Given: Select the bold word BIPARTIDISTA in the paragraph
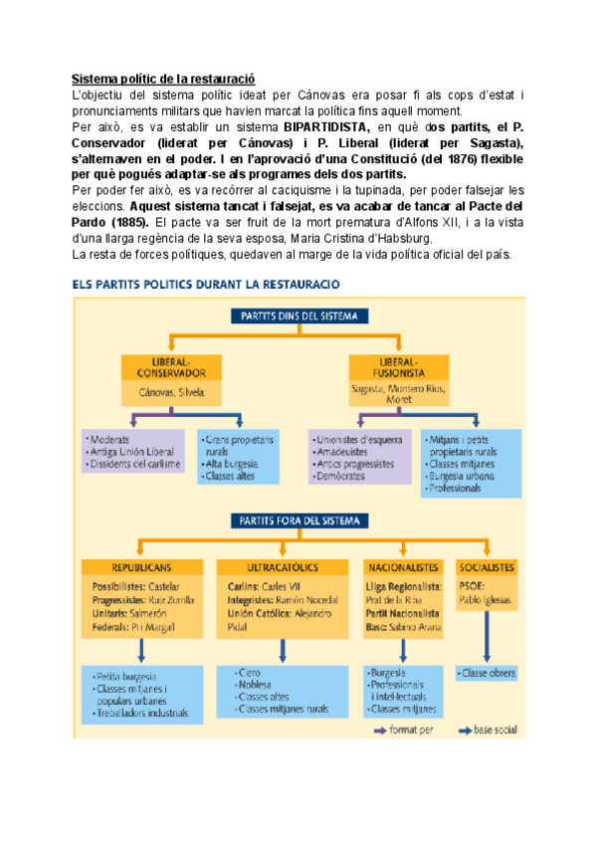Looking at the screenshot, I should coord(324,128).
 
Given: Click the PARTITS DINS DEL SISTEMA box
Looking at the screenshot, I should coord(299,316).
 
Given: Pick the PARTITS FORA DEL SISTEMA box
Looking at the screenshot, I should coord(299,519).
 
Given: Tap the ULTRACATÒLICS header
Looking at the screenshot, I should coord(282,567).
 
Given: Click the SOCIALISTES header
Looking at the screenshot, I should coord(487,567).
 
